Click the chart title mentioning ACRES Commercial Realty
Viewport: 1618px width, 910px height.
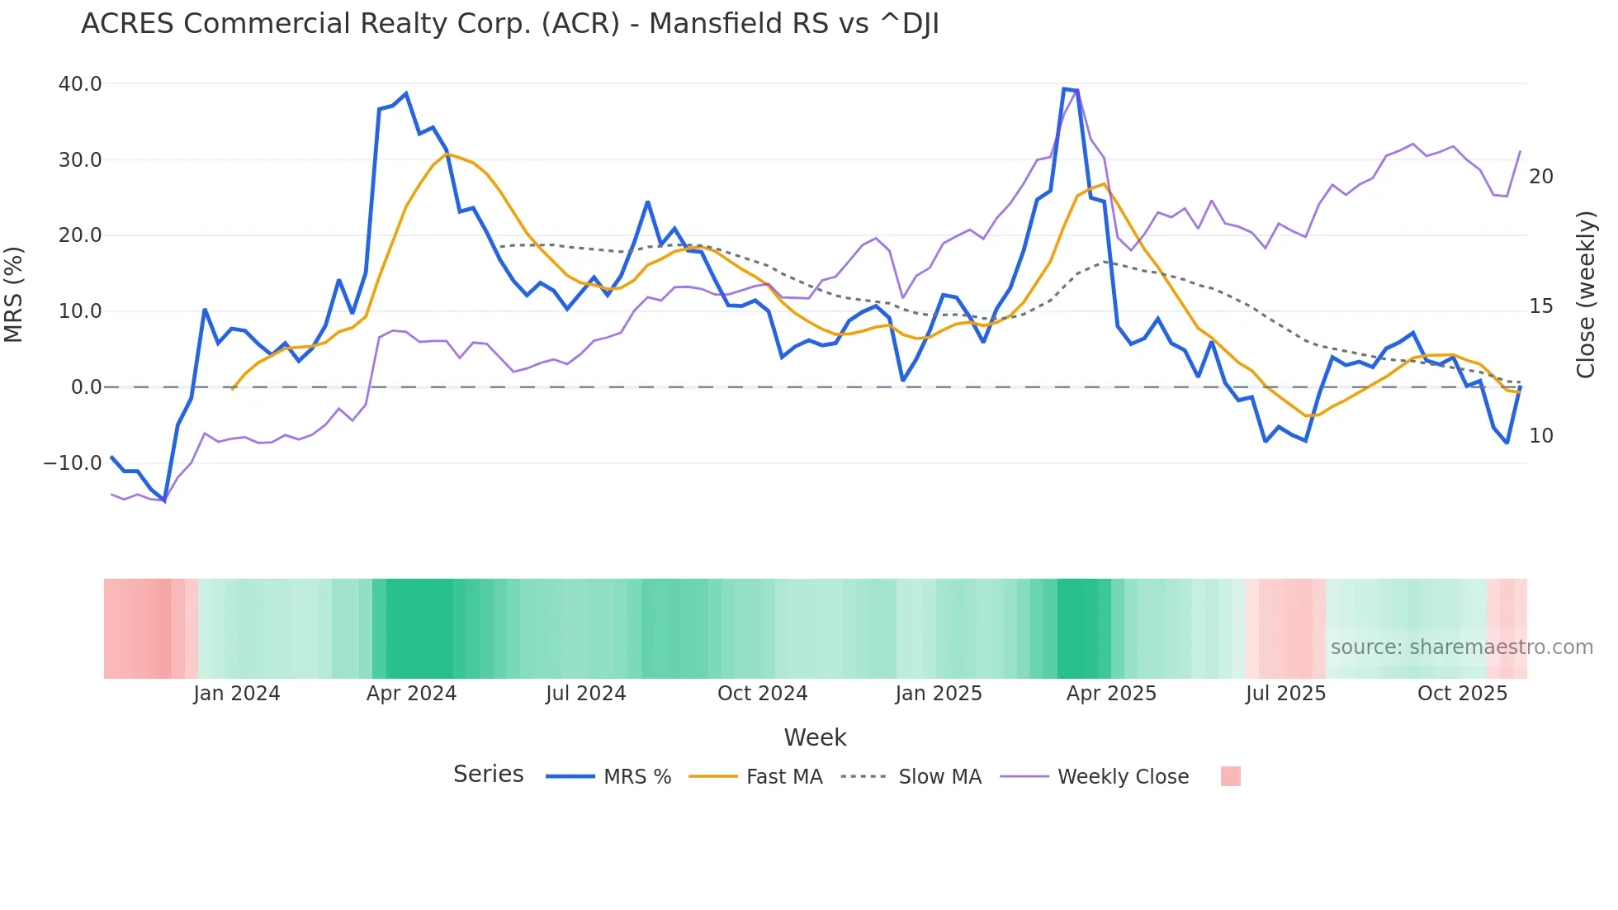pos(509,24)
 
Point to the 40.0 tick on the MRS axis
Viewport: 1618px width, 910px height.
pos(80,84)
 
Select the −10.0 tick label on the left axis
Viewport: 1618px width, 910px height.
pos(73,463)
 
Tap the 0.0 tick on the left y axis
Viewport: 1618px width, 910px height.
pos(86,387)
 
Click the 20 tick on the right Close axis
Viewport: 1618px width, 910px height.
pos(1540,177)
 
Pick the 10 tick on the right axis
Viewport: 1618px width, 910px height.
pos(1540,436)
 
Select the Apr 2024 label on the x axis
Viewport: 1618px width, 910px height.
pos(411,694)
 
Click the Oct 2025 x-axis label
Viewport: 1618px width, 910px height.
pos(1462,694)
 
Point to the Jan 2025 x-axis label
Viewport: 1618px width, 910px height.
pos(939,694)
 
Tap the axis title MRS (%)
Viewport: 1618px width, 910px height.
pos(14,294)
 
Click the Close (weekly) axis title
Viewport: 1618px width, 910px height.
pos(1585,294)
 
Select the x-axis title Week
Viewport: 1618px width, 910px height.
pos(815,737)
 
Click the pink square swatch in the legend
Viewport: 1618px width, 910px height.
pos(1230,776)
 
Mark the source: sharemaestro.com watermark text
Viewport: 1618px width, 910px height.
pos(1461,647)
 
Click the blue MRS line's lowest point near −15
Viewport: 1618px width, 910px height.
pos(164,500)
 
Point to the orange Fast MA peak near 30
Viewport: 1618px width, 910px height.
pos(447,154)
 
